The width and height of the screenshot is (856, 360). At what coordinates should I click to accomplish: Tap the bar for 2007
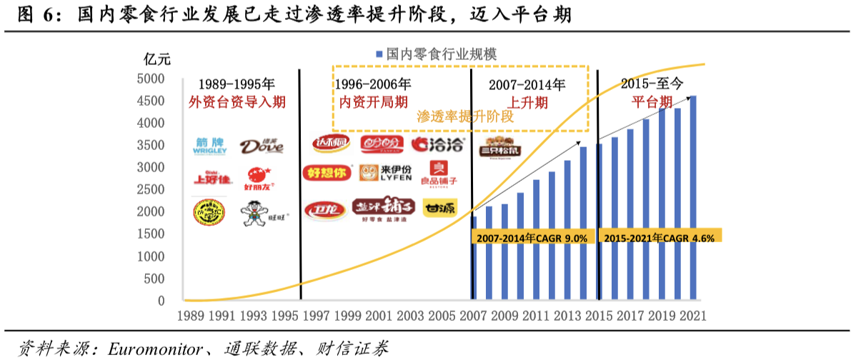pos(474,258)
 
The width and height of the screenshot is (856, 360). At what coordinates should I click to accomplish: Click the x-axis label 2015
pos(598,315)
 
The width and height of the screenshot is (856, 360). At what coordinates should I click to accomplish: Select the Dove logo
pos(262,146)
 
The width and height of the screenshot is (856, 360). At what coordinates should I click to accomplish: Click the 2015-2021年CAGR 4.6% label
pos(660,237)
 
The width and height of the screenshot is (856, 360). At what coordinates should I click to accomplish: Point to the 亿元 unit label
pos(156,58)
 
